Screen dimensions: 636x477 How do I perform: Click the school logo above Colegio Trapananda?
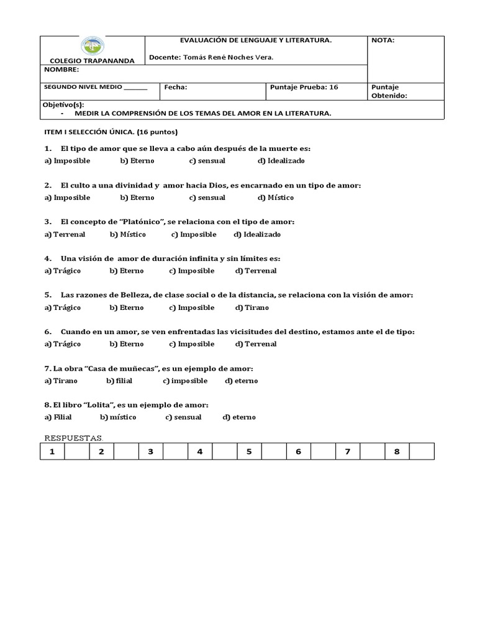pyautogui.click(x=93, y=46)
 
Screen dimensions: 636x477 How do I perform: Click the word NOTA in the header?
pyautogui.click(x=383, y=40)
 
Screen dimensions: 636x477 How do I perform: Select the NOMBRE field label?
pyautogui.click(x=60, y=70)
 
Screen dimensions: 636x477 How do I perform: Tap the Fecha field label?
pyautogui.click(x=176, y=88)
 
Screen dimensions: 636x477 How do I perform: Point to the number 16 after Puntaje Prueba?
pyautogui.click(x=334, y=88)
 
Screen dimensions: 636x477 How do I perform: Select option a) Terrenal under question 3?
pyautogui.click(x=65, y=234)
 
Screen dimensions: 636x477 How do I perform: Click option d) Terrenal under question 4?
pyautogui.click(x=256, y=271)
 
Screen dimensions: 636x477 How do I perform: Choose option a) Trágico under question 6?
pyautogui.click(x=62, y=344)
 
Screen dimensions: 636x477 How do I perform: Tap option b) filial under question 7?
pyautogui.click(x=119, y=381)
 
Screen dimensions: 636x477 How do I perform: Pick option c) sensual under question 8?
pyautogui.click(x=183, y=417)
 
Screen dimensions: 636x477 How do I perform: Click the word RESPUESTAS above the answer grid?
pyautogui.click(x=73, y=438)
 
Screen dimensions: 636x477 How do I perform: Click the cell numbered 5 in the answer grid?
pyautogui.click(x=249, y=452)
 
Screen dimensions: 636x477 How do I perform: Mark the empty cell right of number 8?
pyautogui.click(x=422, y=452)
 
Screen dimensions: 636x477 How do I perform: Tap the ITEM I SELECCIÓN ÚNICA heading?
pyautogui.click(x=111, y=132)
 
